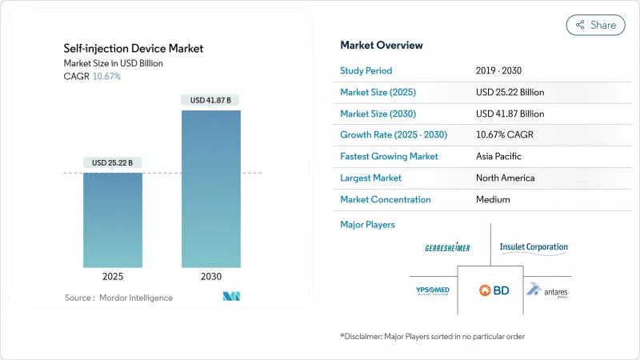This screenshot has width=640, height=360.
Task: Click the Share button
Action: pyautogui.click(x=595, y=25)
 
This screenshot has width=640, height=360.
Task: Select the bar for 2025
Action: pyautogui.click(x=113, y=220)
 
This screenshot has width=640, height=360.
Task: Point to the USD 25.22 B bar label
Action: pyautogui.click(x=113, y=162)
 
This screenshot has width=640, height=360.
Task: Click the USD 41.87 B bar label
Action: pyautogui.click(x=211, y=100)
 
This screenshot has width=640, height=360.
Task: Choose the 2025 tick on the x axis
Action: pyautogui.click(x=113, y=276)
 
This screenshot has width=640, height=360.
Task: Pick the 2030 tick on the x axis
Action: pyautogui.click(x=211, y=276)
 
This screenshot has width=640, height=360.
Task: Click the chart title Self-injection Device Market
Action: pyautogui.click(x=134, y=49)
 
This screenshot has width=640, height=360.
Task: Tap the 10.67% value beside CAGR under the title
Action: pyautogui.click(x=106, y=76)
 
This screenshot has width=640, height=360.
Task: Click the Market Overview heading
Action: pyautogui.click(x=382, y=45)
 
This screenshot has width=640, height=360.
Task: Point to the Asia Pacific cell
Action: pyautogui.click(x=499, y=157)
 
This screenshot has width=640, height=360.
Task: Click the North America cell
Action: pyautogui.click(x=505, y=178)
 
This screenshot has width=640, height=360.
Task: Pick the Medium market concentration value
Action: pyautogui.click(x=494, y=200)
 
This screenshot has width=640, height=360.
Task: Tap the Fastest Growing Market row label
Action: pyautogui.click(x=388, y=157)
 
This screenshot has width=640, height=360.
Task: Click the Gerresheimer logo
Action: pyautogui.click(x=448, y=248)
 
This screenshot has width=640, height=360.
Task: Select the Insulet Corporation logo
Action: pyautogui.click(x=534, y=248)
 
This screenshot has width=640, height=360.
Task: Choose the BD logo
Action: pyautogui.click(x=492, y=290)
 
